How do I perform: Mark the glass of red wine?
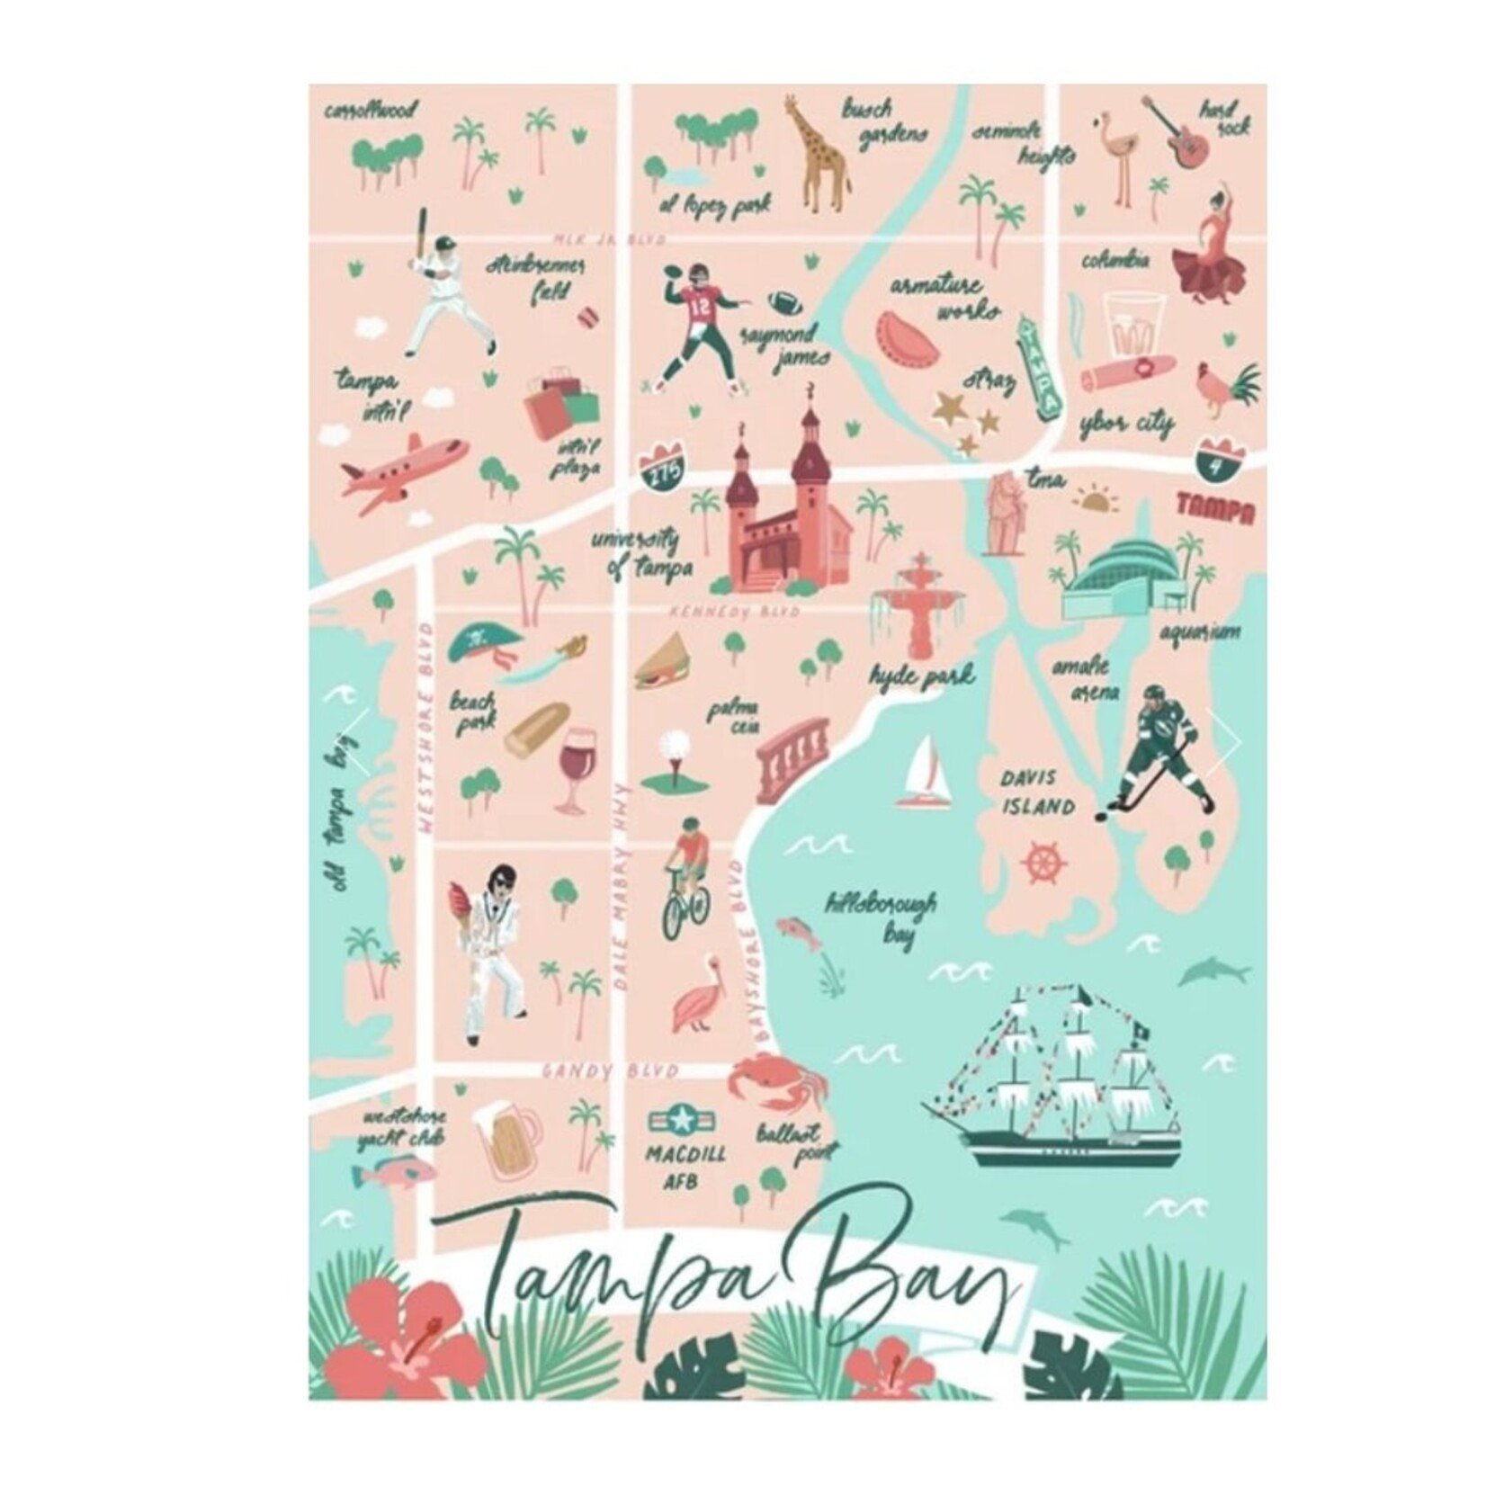(572, 770)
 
